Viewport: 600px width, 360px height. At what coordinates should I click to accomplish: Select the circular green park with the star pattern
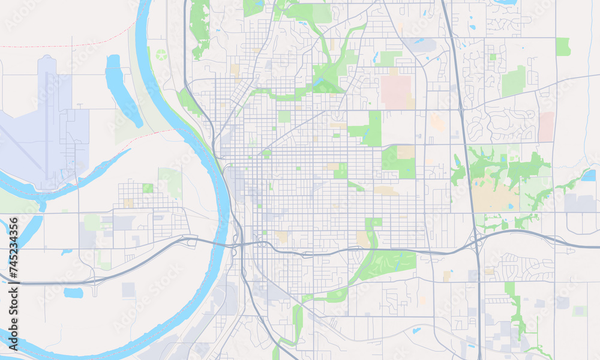(x=161, y=55)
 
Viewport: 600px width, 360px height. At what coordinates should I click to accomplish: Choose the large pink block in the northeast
(x=396, y=92)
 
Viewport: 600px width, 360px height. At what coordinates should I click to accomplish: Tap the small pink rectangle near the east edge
(x=547, y=126)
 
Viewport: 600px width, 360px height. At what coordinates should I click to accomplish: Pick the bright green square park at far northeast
(x=563, y=47)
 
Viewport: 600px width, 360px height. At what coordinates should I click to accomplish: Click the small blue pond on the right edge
(x=589, y=175)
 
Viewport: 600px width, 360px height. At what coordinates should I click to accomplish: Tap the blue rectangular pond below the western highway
(x=73, y=293)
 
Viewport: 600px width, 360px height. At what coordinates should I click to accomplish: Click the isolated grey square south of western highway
(x=128, y=290)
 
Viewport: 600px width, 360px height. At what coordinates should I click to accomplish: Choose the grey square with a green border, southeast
(x=579, y=311)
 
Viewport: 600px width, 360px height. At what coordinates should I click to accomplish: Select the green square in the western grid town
(x=148, y=188)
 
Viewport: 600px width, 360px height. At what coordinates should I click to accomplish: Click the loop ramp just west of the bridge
(x=191, y=242)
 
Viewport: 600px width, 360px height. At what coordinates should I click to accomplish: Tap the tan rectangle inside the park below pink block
(x=406, y=152)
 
